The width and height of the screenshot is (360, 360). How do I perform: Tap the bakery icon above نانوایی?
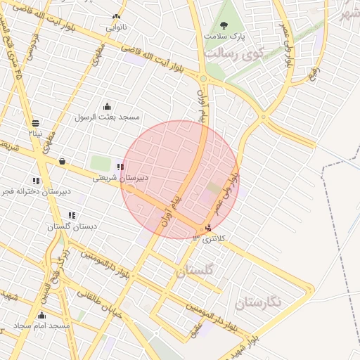116,17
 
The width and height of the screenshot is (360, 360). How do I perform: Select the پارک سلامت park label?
224,35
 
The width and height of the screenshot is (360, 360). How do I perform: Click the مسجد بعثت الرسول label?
108,116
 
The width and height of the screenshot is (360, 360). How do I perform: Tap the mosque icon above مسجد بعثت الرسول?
107,105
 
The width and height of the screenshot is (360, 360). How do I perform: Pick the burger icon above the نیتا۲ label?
35,122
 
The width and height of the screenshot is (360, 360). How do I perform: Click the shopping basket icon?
63,161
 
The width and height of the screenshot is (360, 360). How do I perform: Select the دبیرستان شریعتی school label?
121,178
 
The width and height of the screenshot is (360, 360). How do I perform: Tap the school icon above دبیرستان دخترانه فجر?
36,181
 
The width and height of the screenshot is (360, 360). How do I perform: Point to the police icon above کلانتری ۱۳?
207,228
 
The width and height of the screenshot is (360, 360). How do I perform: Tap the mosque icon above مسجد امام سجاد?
41,316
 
